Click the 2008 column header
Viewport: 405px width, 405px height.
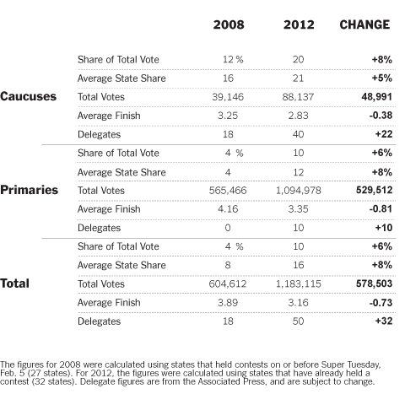(229, 24)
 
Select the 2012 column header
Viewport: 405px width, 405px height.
(299, 24)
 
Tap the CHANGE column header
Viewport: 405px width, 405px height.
(364, 24)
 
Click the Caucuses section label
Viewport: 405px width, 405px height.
(28, 96)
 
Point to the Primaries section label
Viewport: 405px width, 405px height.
(29, 190)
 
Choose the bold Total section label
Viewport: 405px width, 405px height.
(14, 283)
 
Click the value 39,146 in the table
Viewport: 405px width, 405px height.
(228, 97)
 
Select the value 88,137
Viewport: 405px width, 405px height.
(298, 97)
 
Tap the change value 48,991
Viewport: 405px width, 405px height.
(377, 97)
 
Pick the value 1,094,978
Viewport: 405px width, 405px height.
(298, 191)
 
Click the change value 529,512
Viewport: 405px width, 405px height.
(375, 190)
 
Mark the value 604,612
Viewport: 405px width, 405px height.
(228, 283)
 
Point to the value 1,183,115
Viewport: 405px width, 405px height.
(298, 283)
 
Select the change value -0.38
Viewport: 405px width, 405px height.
(381, 115)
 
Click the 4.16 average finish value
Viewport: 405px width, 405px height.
(228, 209)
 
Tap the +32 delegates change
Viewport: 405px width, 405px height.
(384, 321)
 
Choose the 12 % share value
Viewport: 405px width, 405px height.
(233, 59)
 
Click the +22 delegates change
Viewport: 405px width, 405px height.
(384, 134)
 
